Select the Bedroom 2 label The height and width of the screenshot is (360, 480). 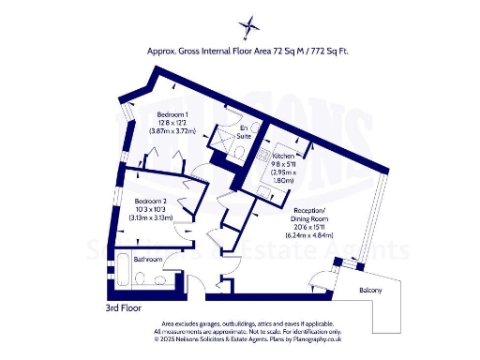149,202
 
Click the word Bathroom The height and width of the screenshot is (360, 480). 148,259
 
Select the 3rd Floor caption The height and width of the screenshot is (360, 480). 125,307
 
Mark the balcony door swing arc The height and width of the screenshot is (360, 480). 321,277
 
